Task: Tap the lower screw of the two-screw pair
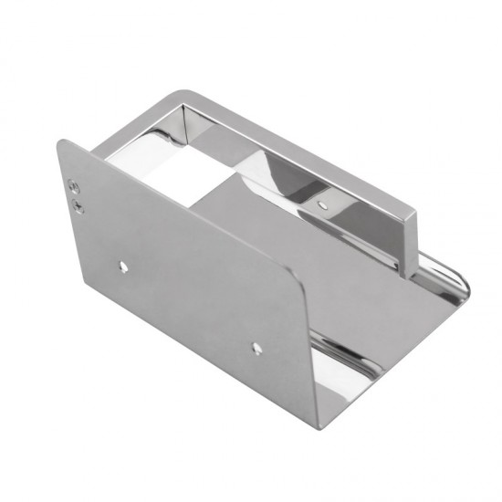point(77,204)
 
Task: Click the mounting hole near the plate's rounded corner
point(256,347)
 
